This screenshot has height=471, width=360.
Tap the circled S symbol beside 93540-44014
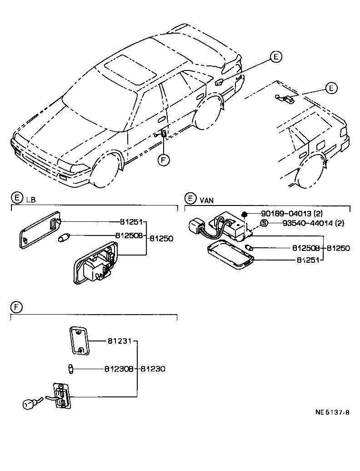pyautogui.click(x=263, y=223)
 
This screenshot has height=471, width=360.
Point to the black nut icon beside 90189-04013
pyautogui.click(x=245, y=214)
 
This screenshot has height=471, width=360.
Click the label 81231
pyautogui.click(x=119, y=341)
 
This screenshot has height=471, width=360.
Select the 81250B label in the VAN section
pyautogui.click(x=308, y=248)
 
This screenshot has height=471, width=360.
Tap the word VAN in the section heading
pyautogui.click(x=207, y=199)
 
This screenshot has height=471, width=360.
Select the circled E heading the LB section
pyautogui.click(x=16, y=198)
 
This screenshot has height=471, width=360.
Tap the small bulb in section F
pyautogui.click(x=70, y=368)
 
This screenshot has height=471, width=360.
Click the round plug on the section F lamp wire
pyautogui.click(x=29, y=403)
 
